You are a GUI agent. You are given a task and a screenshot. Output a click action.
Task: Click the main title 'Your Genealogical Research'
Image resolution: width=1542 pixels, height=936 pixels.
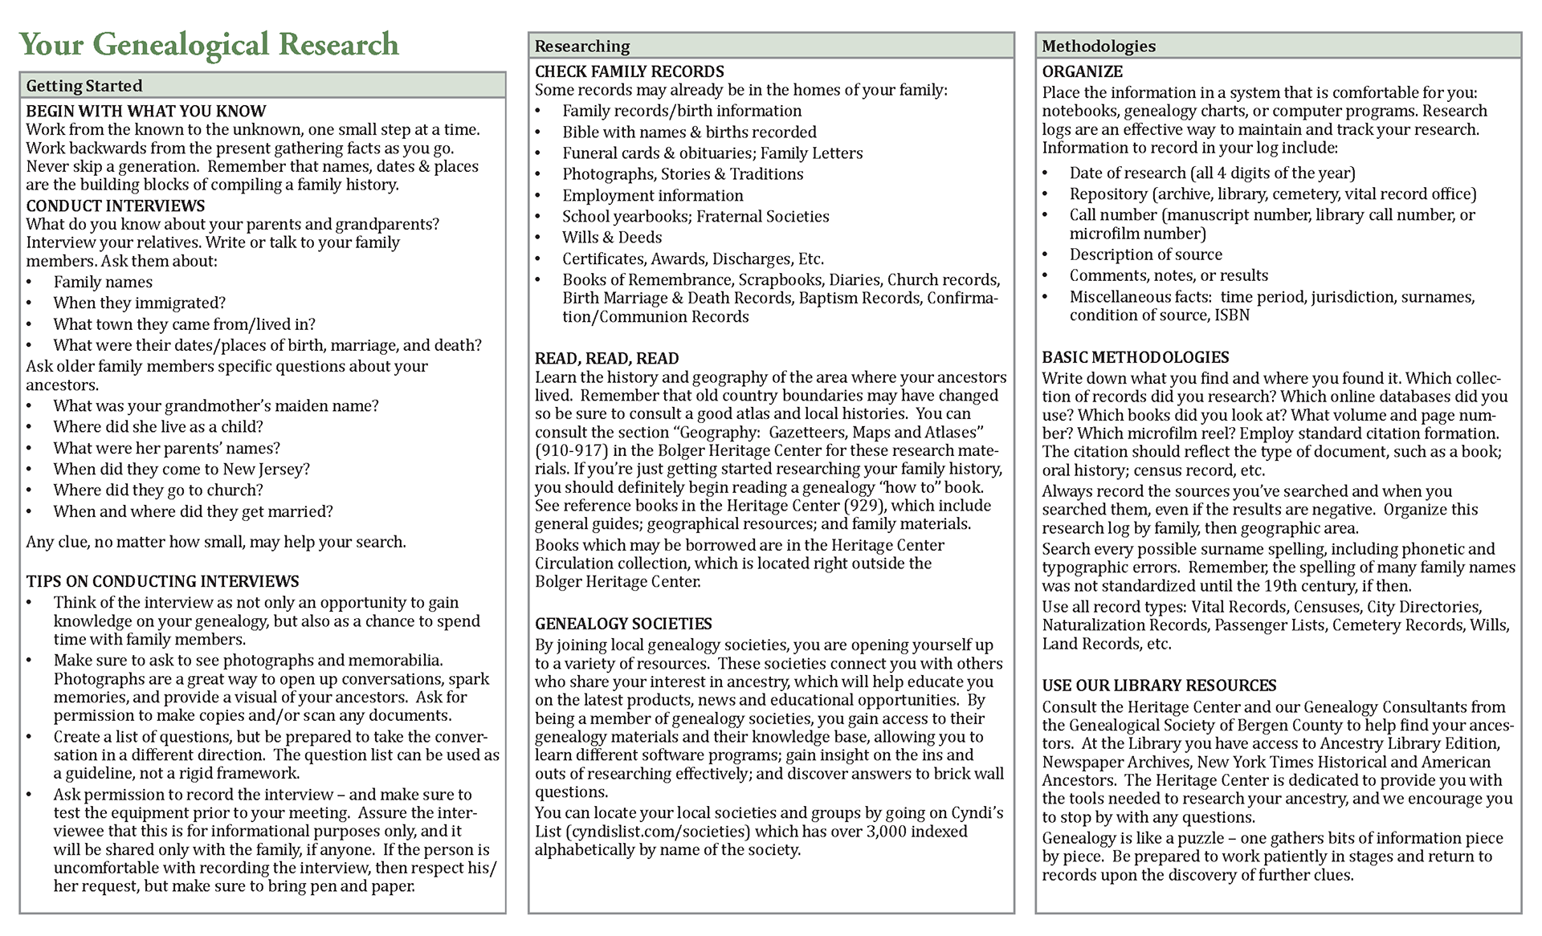tap(209, 45)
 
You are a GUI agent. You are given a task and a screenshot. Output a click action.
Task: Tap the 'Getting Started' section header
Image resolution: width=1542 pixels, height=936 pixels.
tap(84, 86)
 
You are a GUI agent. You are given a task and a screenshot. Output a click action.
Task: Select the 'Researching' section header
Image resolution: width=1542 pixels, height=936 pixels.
tap(582, 46)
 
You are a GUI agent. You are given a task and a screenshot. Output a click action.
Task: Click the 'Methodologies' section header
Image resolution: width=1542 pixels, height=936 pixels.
tap(1099, 46)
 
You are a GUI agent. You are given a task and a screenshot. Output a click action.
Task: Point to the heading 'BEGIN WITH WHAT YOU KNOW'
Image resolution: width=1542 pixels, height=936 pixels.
tap(146, 111)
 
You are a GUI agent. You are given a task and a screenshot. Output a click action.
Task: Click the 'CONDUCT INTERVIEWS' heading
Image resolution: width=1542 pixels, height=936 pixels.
tap(116, 206)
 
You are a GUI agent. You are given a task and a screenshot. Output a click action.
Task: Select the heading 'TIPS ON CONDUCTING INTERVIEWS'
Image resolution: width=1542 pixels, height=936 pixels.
tap(162, 581)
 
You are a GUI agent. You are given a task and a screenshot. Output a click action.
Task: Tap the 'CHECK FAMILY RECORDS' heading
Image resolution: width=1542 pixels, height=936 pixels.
tap(630, 71)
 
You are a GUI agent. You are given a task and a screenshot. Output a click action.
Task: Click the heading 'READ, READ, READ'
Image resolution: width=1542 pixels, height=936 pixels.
tap(607, 358)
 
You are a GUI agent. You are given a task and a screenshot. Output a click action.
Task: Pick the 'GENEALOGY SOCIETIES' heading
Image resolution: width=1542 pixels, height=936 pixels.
tap(623, 624)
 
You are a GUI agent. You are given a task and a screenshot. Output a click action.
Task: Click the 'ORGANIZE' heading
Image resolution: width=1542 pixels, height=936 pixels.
tap(1083, 71)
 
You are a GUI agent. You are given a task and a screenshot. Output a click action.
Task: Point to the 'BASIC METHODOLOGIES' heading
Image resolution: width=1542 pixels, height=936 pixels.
tap(1136, 357)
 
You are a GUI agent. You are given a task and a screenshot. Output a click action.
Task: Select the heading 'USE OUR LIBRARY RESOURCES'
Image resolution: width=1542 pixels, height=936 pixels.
tap(1159, 686)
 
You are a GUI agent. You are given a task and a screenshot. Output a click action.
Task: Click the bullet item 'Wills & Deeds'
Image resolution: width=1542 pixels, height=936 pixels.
tap(612, 238)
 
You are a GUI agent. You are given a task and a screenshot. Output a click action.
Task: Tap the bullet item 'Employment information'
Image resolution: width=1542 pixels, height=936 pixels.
tap(652, 195)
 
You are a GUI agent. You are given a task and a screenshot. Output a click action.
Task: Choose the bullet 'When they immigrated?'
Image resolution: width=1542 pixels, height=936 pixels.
tap(140, 303)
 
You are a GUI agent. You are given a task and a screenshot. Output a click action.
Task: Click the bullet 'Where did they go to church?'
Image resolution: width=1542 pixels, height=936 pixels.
tap(158, 490)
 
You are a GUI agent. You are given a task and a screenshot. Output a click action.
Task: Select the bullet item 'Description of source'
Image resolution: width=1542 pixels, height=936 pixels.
tap(1145, 254)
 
